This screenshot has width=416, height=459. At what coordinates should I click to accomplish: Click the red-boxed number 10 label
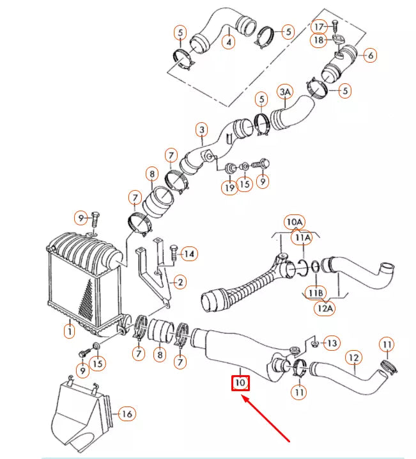(240, 383)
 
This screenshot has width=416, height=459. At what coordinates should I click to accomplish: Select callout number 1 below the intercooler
(68, 331)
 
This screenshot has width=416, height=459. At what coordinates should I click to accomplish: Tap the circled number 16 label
(127, 415)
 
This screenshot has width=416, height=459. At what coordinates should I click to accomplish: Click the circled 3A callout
(285, 93)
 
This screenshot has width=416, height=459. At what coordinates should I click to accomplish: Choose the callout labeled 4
(228, 43)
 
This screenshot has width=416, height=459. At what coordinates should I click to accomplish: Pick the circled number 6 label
(370, 56)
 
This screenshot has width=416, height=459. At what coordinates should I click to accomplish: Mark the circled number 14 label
(188, 254)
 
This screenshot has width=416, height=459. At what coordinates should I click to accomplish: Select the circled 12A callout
(325, 309)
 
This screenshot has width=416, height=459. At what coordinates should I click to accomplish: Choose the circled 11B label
(315, 293)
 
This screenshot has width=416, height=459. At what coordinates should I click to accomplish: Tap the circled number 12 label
(354, 357)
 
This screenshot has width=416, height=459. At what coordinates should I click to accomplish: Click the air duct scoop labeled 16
(80, 413)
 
